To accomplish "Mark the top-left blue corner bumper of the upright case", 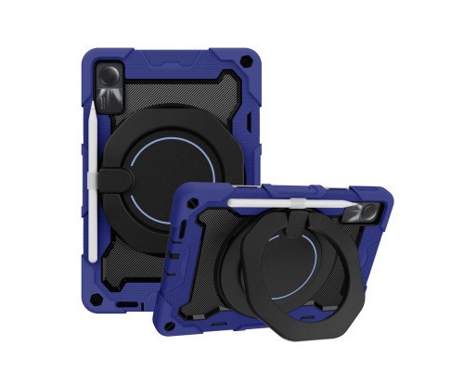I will click(x=104, y=57).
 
